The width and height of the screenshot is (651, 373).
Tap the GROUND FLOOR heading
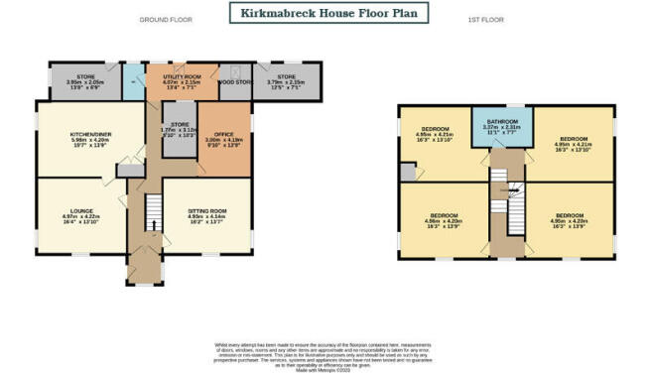165,20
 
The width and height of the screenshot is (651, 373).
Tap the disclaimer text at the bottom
325,353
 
